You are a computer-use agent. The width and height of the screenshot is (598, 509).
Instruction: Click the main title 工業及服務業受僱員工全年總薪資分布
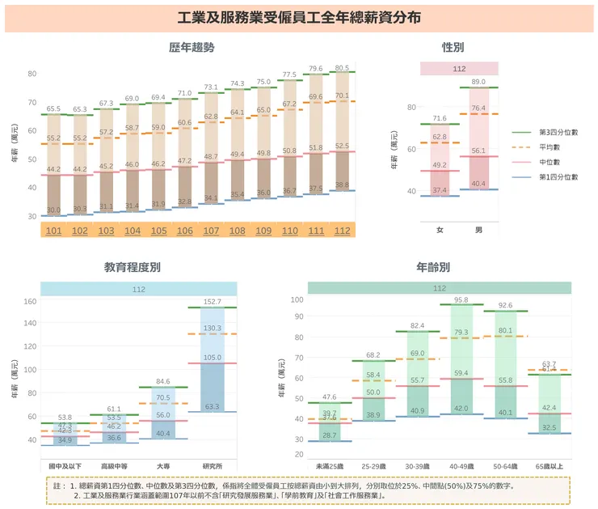(299, 18)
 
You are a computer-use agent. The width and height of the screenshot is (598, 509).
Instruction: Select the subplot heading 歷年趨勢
(192, 48)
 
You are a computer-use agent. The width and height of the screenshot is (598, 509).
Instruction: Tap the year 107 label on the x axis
(210, 231)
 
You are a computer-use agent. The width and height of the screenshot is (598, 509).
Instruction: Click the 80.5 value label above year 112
(342, 69)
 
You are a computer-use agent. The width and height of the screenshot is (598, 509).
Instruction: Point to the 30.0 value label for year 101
(53, 210)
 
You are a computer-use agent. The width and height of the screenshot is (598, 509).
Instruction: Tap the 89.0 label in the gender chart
(478, 82)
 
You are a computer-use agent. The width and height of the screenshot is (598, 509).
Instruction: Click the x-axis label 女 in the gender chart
(440, 231)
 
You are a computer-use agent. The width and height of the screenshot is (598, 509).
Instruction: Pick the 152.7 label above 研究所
(212, 302)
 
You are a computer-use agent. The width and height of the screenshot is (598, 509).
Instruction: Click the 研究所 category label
(212, 466)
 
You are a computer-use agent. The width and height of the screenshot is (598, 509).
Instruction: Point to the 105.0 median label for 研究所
(212, 358)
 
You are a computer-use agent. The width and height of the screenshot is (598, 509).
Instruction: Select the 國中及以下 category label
(65, 466)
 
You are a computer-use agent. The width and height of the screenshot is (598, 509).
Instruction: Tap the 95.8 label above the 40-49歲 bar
(461, 300)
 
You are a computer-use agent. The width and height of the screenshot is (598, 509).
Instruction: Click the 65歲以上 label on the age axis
(550, 466)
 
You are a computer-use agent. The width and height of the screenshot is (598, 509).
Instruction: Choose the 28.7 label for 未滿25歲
(330, 435)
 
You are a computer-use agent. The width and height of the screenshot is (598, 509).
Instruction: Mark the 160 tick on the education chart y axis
(29, 302)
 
